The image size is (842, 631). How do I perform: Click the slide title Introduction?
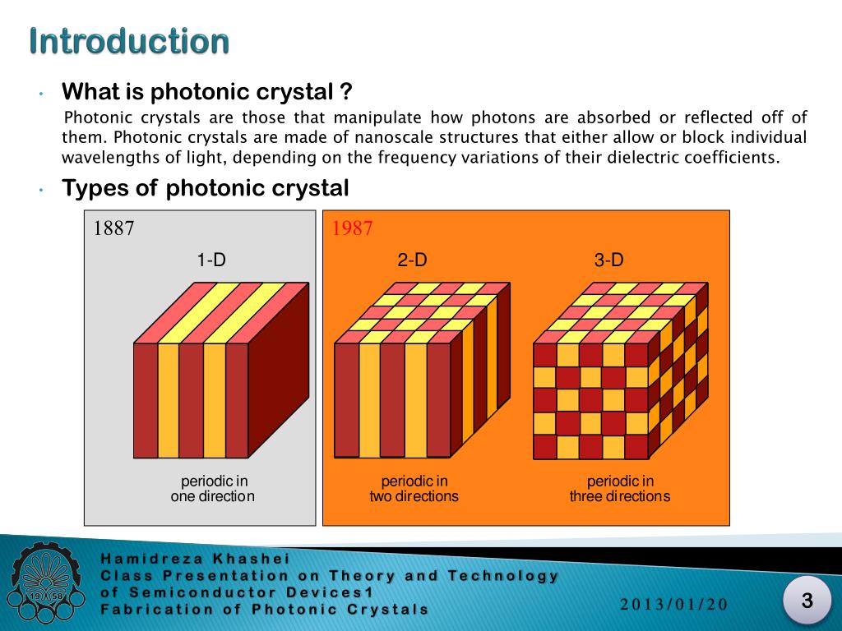129,41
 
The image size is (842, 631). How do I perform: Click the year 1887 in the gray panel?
114,228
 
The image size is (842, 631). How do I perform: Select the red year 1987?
353,228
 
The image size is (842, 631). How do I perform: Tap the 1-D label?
211,260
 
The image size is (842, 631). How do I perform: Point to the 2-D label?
412,260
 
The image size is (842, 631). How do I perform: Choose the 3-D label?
608,260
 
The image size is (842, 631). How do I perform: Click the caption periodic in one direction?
213,489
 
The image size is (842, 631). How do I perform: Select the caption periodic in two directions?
414,489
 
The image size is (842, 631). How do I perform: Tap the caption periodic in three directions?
620,489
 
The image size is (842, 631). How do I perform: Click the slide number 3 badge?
807,601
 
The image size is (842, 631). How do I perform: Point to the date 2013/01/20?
674,605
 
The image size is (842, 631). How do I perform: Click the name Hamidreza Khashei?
195,559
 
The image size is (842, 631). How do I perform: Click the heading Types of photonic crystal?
206,189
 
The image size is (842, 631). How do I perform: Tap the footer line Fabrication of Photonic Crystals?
264,609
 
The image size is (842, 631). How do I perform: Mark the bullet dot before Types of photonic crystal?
40,191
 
